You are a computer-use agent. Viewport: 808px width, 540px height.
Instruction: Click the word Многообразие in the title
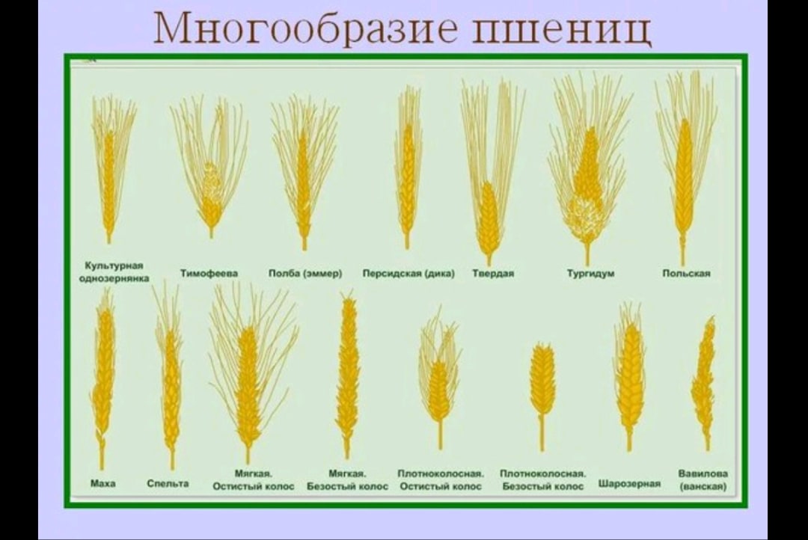pos(305,28)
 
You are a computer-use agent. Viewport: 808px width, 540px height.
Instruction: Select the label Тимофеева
pos(209,273)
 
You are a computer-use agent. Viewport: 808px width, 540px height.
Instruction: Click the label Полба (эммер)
pos(305,274)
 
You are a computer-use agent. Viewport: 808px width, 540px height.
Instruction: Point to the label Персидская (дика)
pos(408,274)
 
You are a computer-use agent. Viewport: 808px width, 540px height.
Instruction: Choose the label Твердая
pos(493,274)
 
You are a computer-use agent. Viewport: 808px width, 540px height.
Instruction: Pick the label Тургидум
pos(590,274)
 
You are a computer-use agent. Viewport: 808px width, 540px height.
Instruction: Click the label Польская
pos(686,274)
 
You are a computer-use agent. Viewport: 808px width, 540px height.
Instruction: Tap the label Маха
pos(102,483)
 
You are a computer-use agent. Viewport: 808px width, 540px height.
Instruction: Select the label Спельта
pos(168,483)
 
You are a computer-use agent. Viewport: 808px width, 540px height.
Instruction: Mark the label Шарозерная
pos(629,483)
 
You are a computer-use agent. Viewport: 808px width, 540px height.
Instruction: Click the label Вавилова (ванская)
pos(703,479)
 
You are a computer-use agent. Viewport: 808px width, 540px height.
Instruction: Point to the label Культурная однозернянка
pos(114,271)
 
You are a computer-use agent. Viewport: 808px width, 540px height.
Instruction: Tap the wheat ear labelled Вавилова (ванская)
pos(704,382)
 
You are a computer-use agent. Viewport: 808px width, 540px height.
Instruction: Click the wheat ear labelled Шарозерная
pos(629,376)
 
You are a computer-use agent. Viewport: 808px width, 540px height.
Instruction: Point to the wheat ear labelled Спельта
pos(169,375)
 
